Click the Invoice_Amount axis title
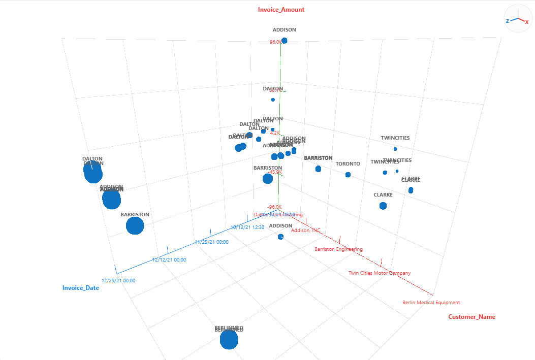[281, 9]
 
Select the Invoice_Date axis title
[81, 288]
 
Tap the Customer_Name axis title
[471, 317]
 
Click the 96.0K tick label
[275, 42]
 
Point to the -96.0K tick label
[275, 207]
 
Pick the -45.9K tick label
[274, 172]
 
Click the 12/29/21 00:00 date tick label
[118, 280]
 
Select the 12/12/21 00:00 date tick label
[169, 260]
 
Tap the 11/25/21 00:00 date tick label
[211, 242]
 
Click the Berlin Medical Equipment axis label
[431, 303]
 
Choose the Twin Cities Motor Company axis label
[380, 273]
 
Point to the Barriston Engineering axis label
[338, 249]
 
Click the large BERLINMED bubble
[229, 340]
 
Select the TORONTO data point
[348, 175]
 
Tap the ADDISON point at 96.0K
[285, 41]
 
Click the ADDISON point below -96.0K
[281, 237]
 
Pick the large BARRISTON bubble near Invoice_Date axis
[135, 225]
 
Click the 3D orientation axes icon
[518, 19]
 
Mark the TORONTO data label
[348, 164]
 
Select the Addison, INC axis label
[306, 231]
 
